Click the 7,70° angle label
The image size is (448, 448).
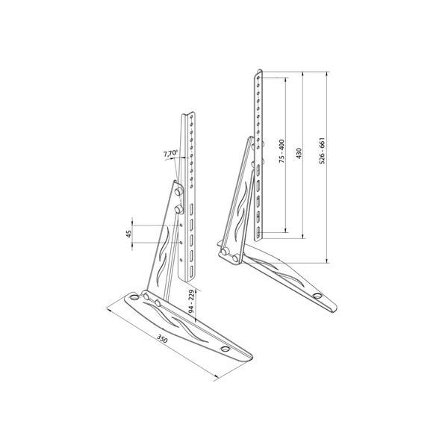170,153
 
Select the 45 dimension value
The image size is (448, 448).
129,234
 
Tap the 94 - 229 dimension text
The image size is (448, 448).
191,302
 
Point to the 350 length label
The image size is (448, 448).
162,339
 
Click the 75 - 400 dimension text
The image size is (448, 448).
281,151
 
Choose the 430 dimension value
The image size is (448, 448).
299,154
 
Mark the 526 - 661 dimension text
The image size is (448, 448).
322,151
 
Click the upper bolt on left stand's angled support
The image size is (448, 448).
179,191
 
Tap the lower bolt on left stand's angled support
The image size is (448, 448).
179,209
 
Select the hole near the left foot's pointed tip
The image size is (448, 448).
225,349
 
